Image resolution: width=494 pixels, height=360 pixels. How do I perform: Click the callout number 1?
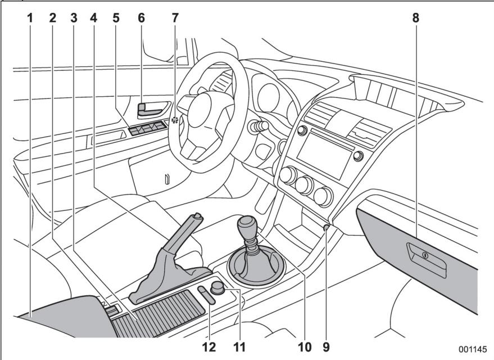click(x=30, y=18)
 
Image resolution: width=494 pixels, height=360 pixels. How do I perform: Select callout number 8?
click(x=416, y=18)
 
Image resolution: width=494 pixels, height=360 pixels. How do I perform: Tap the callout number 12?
click(x=209, y=346)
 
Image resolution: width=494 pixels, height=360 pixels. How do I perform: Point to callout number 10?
click(x=305, y=346)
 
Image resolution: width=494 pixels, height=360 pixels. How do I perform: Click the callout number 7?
click(x=175, y=18)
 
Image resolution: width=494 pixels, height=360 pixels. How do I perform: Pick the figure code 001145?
click(x=473, y=349)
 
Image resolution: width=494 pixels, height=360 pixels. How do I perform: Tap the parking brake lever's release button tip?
click(x=197, y=215)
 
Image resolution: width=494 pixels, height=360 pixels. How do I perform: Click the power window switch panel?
click(x=148, y=127)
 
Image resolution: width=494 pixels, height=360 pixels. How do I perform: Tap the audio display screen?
click(x=324, y=155)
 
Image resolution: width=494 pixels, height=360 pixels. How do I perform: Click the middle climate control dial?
click(x=305, y=186)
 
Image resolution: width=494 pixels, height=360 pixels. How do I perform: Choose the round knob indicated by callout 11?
click(x=217, y=287)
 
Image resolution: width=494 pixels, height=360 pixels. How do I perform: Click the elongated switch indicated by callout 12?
click(x=206, y=295)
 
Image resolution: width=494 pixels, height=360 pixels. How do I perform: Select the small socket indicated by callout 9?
click(x=327, y=227)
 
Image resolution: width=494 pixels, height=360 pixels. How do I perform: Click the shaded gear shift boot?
click(x=256, y=265)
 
